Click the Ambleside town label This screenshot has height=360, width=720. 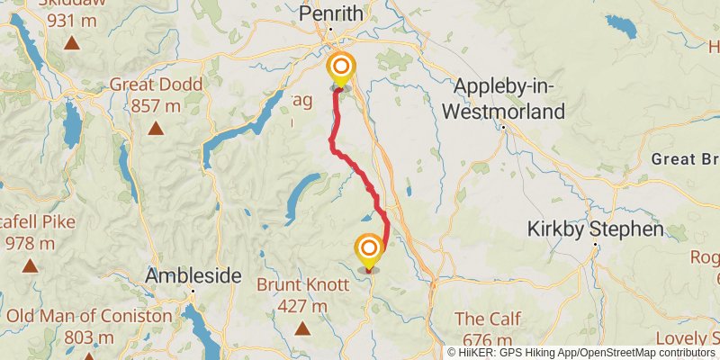193,275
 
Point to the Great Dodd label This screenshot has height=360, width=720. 156,85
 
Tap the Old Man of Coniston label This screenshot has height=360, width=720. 88,316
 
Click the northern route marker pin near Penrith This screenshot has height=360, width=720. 341,67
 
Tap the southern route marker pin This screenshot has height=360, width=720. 369,248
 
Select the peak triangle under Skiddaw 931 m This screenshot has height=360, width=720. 71,42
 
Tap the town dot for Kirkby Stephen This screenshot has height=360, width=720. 595,244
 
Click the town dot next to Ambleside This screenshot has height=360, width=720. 193,291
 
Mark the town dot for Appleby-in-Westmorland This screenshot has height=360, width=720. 504,127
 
